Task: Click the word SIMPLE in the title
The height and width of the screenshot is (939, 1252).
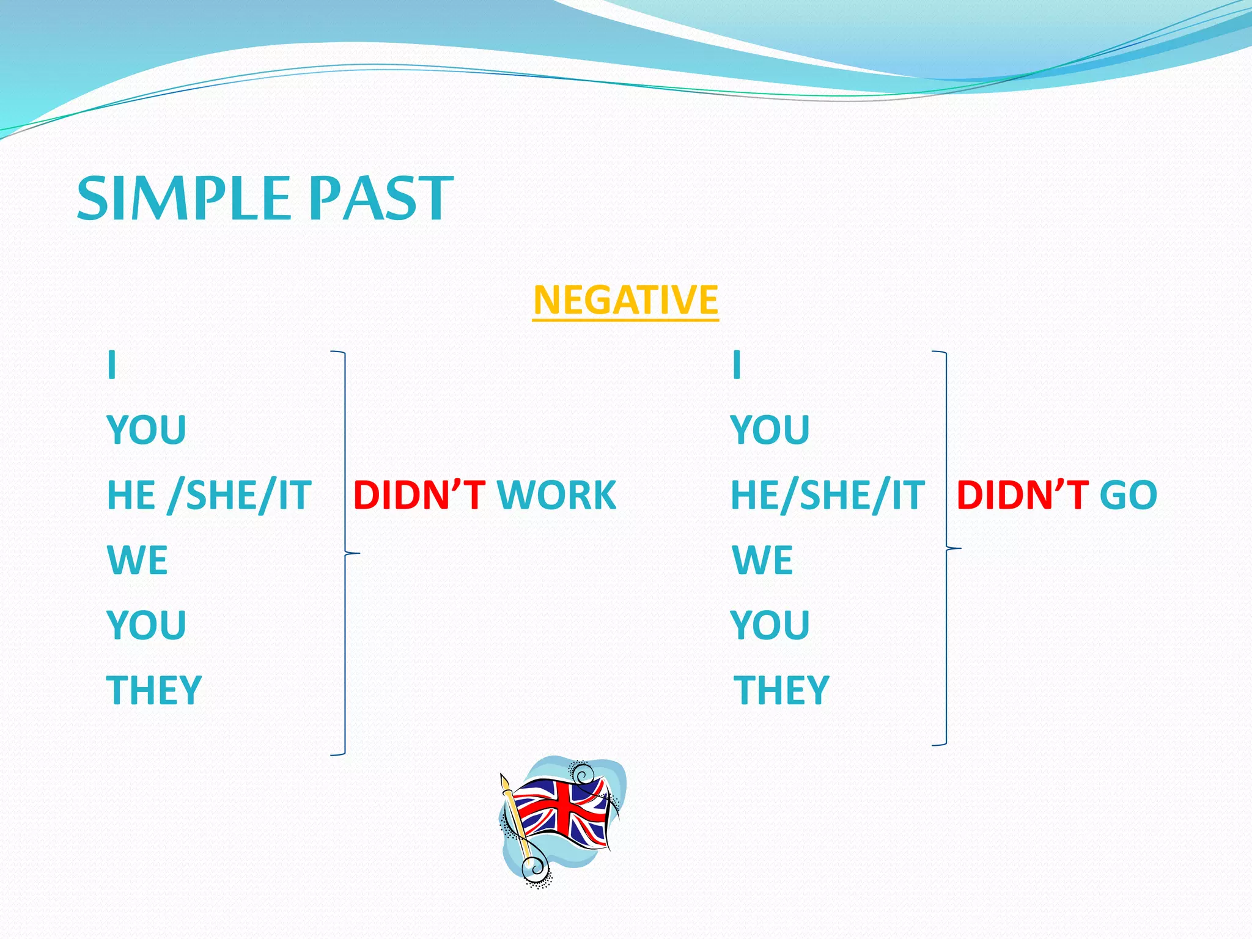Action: click(x=183, y=198)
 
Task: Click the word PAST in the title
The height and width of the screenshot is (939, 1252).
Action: click(x=380, y=198)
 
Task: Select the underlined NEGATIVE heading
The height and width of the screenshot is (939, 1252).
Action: click(x=625, y=300)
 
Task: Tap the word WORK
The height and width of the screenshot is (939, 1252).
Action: click(x=556, y=495)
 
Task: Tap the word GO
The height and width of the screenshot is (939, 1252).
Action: click(x=1128, y=495)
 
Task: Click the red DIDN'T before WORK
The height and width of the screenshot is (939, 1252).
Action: click(x=419, y=495)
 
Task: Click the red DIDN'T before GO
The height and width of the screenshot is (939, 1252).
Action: click(x=1022, y=495)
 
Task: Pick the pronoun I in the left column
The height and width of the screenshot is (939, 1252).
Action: click(x=111, y=366)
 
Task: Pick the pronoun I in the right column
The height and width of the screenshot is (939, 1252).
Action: click(x=737, y=366)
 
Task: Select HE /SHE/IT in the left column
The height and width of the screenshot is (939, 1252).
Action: click(x=209, y=495)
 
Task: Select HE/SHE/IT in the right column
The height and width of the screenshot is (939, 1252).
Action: click(x=828, y=495)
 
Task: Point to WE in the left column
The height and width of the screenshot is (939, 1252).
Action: click(x=137, y=560)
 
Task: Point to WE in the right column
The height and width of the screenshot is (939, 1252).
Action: click(x=762, y=560)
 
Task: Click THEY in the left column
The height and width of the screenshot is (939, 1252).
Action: click(x=154, y=690)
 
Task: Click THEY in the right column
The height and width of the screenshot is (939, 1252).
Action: click(x=781, y=690)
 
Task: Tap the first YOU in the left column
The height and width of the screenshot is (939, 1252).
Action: click(x=147, y=430)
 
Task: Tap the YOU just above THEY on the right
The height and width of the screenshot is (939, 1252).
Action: click(x=770, y=625)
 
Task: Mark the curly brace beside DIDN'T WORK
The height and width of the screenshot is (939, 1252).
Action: click(x=345, y=553)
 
